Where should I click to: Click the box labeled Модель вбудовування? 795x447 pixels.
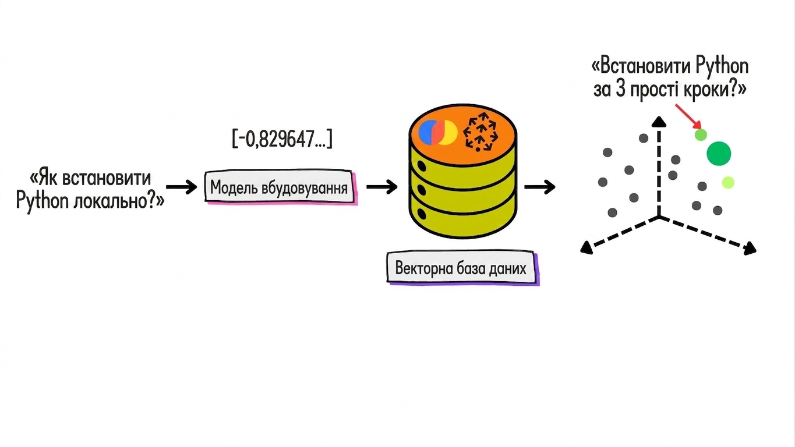(x=280, y=187)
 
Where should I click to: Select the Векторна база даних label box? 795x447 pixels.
(x=462, y=268)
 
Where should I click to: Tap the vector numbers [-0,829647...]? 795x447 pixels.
(x=282, y=139)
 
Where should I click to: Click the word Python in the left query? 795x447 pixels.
(x=43, y=201)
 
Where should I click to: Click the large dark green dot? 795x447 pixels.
(x=719, y=153)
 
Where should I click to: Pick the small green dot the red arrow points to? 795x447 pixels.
(x=701, y=135)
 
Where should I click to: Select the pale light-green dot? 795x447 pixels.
(x=728, y=182)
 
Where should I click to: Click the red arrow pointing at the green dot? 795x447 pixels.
(x=688, y=116)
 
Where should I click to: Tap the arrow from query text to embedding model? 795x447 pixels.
(x=181, y=187)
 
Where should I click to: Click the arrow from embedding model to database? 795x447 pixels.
(x=382, y=187)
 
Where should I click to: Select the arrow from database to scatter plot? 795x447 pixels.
(x=540, y=187)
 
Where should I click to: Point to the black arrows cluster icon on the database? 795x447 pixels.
(x=480, y=132)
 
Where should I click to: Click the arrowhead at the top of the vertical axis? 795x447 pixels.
(x=659, y=121)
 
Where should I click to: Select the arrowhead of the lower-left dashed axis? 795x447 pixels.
(x=586, y=247)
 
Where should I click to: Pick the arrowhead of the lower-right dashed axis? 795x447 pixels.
(x=750, y=249)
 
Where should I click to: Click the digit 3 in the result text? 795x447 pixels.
(x=620, y=89)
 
